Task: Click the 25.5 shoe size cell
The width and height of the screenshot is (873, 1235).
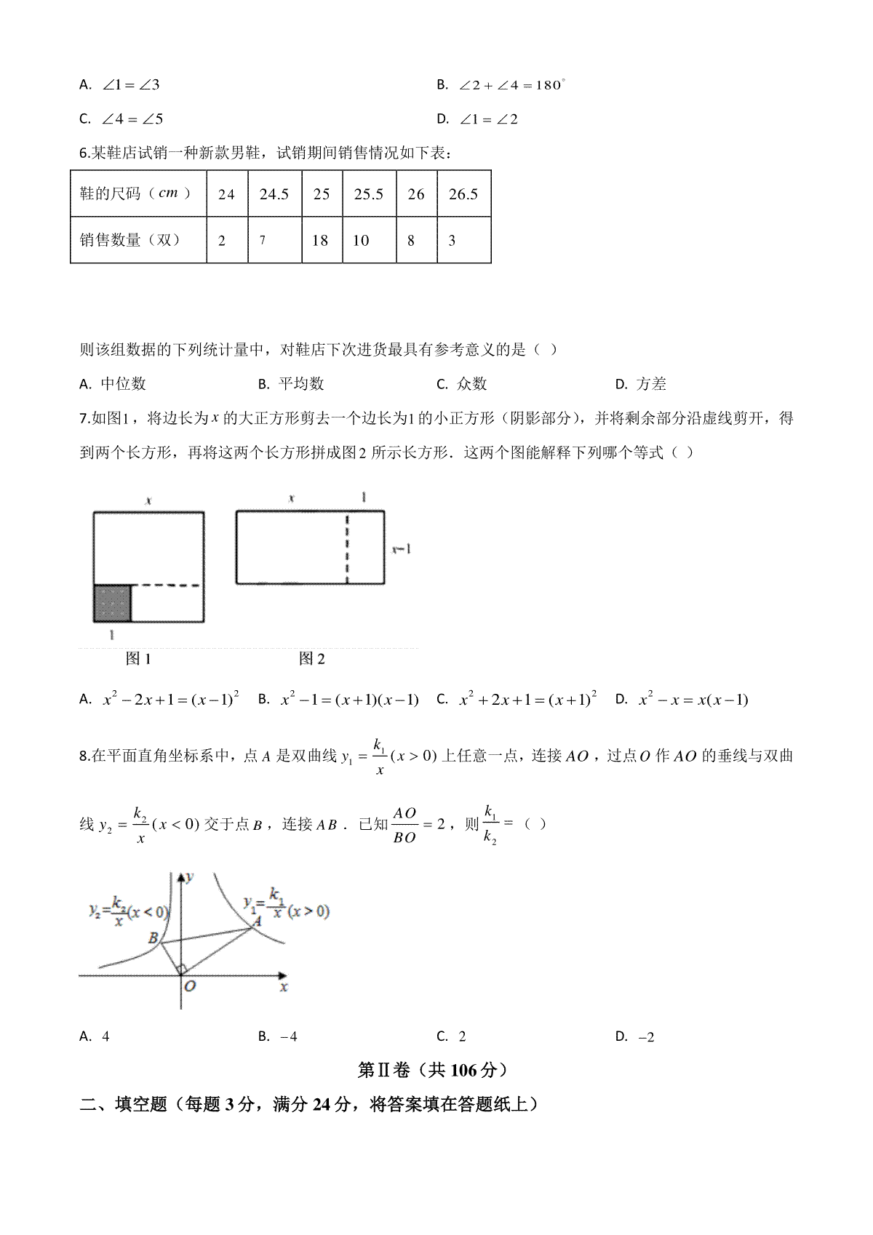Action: [x=369, y=194]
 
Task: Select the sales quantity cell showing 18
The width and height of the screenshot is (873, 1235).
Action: [x=320, y=240]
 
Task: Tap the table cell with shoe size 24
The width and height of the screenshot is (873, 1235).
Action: [x=226, y=194]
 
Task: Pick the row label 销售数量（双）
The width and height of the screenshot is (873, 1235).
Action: [x=130, y=240]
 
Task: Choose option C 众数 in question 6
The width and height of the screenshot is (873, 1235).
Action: [x=463, y=384]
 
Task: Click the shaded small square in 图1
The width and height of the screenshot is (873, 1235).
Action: [x=112, y=603]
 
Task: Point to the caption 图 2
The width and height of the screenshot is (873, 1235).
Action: [x=312, y=659]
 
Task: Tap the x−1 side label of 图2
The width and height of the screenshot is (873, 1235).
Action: [x=402, y=549]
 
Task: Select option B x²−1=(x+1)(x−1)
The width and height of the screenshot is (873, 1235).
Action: [x=340, y=700]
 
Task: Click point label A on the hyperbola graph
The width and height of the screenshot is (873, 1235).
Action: [x=256, y=922]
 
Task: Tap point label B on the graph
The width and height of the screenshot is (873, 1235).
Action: [x=153, y=938]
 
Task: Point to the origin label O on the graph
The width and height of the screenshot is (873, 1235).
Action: [x=190, y=986]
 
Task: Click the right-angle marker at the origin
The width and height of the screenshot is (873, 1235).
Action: [x=182, y=969]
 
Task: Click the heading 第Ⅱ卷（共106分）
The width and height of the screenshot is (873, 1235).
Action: [x=433, y=1070]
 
